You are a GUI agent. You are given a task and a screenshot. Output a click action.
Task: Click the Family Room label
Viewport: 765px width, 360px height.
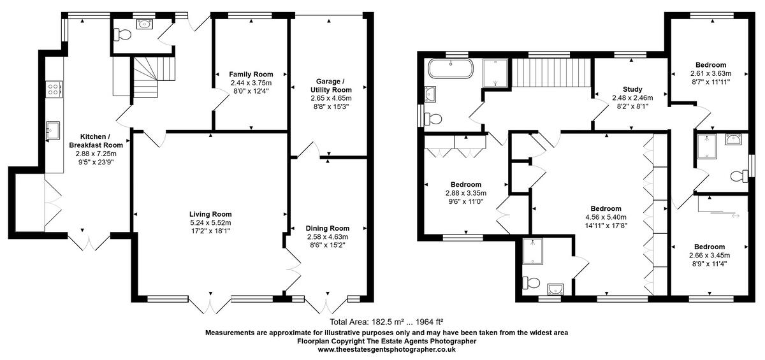point(251,74)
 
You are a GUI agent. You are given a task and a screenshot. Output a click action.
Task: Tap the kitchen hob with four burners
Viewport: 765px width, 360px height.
point(54,89)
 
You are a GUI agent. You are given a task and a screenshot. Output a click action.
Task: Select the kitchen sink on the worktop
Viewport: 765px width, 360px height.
point(53,131)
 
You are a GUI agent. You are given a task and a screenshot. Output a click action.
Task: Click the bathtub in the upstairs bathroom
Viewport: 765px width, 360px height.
point(451,69)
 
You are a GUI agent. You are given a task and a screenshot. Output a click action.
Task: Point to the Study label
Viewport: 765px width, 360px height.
point(632,89)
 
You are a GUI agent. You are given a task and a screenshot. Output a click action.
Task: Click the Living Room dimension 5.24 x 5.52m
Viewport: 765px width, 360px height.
point(210,223)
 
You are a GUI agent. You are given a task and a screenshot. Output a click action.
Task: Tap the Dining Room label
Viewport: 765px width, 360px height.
point(328,228)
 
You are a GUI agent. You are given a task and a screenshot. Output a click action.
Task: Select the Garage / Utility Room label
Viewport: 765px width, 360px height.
point(331,85)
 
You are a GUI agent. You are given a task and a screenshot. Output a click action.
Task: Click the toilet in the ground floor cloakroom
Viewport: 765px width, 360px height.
point(122,34)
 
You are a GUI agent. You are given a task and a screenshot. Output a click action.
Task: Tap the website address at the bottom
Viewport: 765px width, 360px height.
point(386,349)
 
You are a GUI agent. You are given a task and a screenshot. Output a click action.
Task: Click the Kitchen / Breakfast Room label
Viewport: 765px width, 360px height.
point(96,141)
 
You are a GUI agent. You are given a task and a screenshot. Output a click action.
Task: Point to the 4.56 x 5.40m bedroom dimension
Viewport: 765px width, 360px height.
point(606,217)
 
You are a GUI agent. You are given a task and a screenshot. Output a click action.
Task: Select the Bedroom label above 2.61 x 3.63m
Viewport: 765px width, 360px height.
point(711,65)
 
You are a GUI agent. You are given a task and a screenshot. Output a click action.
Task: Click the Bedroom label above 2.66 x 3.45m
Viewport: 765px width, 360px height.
point(710,247)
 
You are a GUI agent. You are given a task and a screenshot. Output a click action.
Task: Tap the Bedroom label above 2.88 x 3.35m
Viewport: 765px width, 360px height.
point(466,184)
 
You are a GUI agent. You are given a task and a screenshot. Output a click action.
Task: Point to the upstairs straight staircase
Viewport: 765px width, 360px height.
point(551,73)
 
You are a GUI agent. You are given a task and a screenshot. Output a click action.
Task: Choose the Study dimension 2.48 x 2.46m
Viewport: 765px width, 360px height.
point(632,98)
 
